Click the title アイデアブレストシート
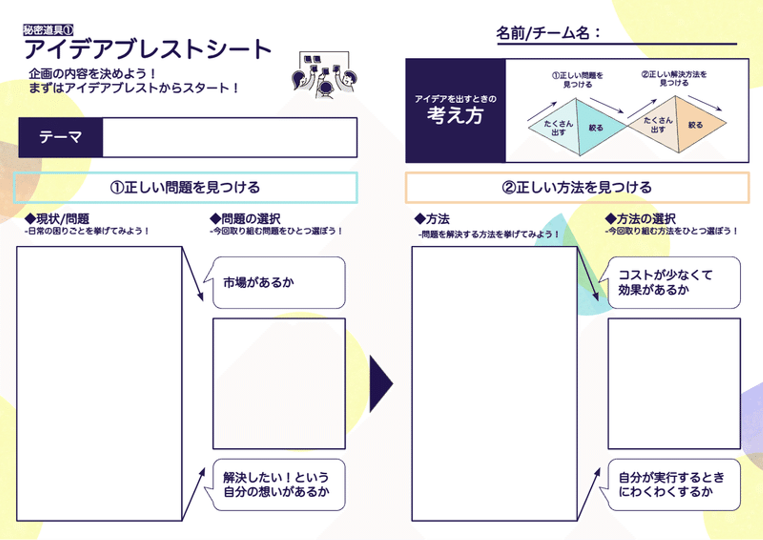click(147, 50)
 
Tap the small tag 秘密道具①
click(48, 30)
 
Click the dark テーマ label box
click(60, 137)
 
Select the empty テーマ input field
click(229, 137)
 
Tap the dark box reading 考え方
click(455, 110)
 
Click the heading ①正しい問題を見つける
click(185, 188)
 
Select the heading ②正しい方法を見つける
click(577, 188)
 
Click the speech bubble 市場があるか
click(279, 282)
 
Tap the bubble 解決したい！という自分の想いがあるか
click(279, 485)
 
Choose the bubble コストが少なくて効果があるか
click(673, 282)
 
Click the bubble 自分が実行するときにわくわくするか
click(673, 485)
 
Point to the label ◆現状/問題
click(58, 218)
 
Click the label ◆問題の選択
click(245, 218)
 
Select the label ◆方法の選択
click(641, 218)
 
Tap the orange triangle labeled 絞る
click(698, 125)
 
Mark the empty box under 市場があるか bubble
click(279, 384)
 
